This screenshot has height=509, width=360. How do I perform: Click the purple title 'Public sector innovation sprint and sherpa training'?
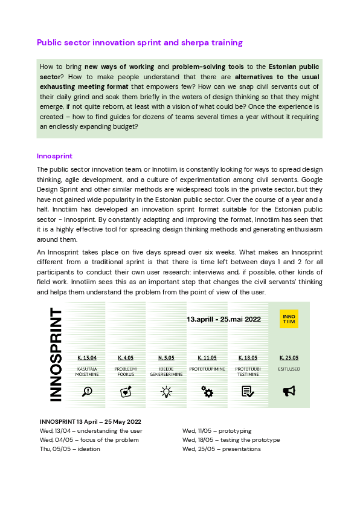click(x=140, y=43)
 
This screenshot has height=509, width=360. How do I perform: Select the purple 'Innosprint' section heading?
click(x=54, y=155)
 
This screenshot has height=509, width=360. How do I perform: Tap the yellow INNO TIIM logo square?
click(x=289, y=319)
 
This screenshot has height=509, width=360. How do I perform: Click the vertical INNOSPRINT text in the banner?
click(x=56, y=354)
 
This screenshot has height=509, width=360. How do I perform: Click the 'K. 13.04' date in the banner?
click(x=87, y=357)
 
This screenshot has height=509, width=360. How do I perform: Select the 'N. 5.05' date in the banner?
click(x=166, y=357)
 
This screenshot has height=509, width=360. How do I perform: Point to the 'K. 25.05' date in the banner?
click(x=289, y=357)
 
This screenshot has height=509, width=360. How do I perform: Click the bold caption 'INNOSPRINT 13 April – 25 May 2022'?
click(x=90, y=421)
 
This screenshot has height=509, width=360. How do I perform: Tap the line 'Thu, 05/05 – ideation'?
click(x=69, y=449)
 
